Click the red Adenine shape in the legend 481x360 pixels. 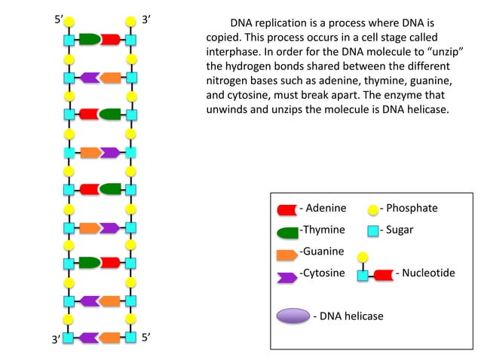[287, 209]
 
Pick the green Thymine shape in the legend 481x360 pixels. [287, 230]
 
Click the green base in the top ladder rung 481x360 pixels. [90, 38]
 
